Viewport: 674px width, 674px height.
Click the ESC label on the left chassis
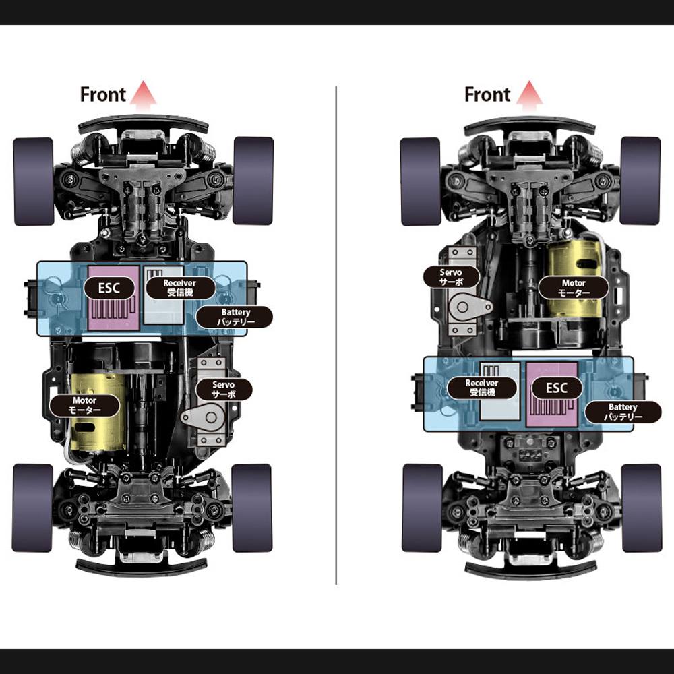[109, 288]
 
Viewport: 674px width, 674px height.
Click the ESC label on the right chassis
[557, 388]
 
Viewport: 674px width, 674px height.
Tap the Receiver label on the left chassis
[181, 288]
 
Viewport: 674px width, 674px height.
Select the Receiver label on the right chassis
[482, 388]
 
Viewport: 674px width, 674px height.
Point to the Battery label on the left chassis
[235, 317]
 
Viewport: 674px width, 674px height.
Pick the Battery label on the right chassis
[623, 412]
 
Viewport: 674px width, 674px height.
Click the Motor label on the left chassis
[85, 405]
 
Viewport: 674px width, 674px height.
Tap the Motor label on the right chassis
[574, 288]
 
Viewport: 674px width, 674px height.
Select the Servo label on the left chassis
[224, 390]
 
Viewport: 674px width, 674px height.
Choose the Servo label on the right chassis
[452, 277]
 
